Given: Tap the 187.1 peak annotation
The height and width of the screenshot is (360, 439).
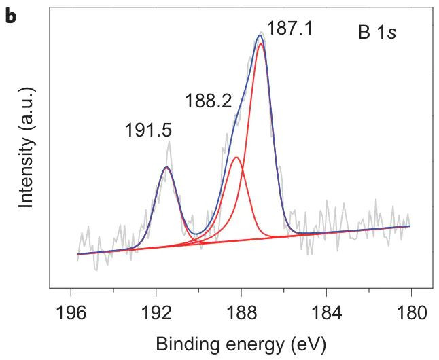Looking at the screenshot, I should click(x=290, y=29).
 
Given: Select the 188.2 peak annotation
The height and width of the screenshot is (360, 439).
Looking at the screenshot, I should click(x=208, y=101).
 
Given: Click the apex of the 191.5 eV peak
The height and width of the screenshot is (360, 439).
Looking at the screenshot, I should click(x=166, y=167).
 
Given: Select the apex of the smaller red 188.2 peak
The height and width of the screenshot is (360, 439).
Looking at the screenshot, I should click(x=236, y=158).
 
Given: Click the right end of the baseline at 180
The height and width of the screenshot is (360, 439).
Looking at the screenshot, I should click(x=410, y=226).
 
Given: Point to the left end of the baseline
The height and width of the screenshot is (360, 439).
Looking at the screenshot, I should click(x=77, y=255).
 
